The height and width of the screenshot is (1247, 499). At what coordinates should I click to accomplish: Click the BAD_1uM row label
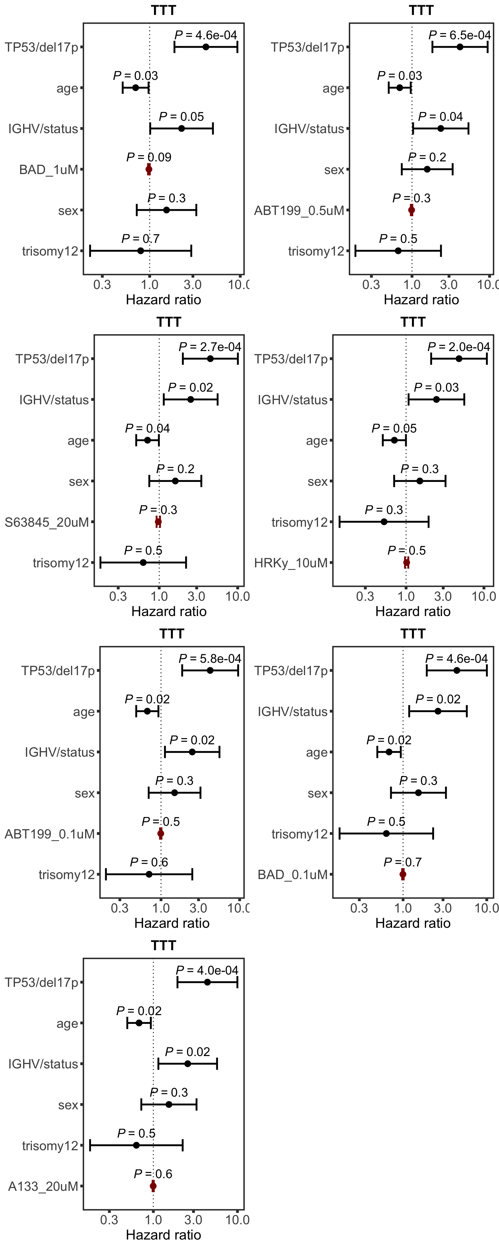coord(48,170)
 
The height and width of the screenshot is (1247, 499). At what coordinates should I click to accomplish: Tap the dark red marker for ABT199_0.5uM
coord(411,210)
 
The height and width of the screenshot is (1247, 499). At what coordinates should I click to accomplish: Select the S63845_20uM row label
coord(47,522)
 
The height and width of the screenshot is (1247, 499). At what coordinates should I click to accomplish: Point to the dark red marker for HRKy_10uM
coord(406,562)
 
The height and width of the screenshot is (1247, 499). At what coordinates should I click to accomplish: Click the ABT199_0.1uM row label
coord(50,834)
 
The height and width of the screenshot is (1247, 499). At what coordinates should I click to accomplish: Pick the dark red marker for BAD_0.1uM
coord(403,874)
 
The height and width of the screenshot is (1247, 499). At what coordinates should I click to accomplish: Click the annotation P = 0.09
coord(149,157)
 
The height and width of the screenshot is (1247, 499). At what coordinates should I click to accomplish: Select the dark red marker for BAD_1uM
coord(149,170)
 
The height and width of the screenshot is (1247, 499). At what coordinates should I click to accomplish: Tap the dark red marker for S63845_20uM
coord(158,522)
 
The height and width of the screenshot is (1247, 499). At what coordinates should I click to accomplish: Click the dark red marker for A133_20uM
coord(153,1186)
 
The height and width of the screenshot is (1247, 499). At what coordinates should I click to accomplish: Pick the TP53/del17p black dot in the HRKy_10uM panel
coord(459,359)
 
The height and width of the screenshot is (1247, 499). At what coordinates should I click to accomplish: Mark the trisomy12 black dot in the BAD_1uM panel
coord(140,251)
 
